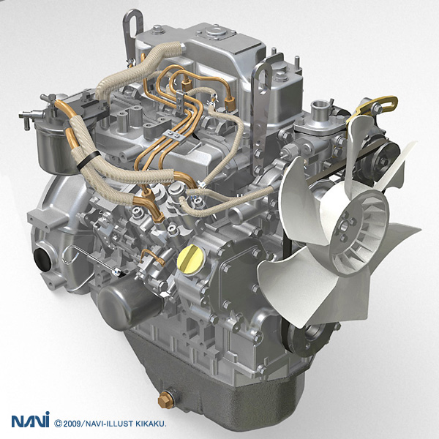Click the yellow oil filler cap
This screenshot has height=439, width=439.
click(x=191, y=260)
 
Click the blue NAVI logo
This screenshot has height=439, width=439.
click(x=30, y=420)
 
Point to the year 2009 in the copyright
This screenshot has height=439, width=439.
click(x=72, y=424)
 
